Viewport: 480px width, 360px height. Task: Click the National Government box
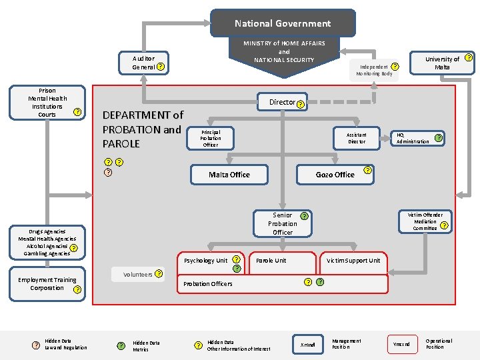[x=283, y=23]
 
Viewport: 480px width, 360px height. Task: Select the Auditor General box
[x=143, y=63]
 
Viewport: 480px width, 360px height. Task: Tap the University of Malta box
[x=442, y=63]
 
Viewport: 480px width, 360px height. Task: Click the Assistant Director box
[x=357, y=137]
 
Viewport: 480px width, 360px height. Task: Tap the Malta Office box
[x=229, y=175]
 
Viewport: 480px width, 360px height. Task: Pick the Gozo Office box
[x=335, y=175]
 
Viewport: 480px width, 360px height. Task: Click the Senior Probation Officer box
[x=283, y=223]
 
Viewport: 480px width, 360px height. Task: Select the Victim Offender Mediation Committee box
[x=427, y=221]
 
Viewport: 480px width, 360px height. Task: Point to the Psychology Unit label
[x=205, y=261]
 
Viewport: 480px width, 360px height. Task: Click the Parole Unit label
[x=271, y=261]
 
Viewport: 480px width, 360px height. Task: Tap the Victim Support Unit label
[x=353, y=261]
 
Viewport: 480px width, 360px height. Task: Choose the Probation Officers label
[x=208, y=284]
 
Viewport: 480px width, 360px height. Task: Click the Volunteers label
[x=137, y=274]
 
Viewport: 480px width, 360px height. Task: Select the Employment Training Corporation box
[x=47, y=284]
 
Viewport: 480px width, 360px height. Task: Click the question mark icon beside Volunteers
[x=159, y=273]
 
